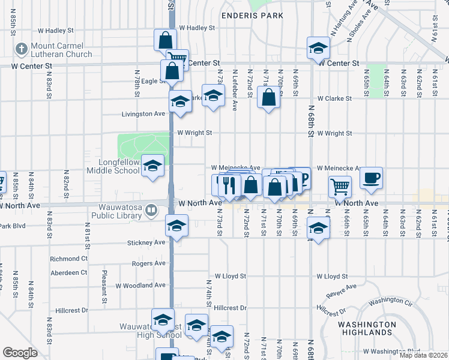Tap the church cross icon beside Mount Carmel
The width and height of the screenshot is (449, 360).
(x=20, y=49)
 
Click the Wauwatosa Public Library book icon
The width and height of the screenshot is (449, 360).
(x=152, y=210)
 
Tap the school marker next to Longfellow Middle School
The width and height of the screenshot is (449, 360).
(x=153, y=166)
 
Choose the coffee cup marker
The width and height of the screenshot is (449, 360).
(x=371, y=178)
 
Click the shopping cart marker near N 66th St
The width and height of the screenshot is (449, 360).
(x=340, y=186)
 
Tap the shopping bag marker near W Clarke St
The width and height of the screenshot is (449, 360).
(x=269, y=97)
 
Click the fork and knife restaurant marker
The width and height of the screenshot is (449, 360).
(x=228, y=185)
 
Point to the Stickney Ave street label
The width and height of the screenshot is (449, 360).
(x=146, y=242)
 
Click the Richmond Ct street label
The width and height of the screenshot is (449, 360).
(x=68, y=259)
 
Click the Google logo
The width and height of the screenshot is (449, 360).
(x=20, y=353)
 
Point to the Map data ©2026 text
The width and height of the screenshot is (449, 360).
(x=423, y=355)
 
